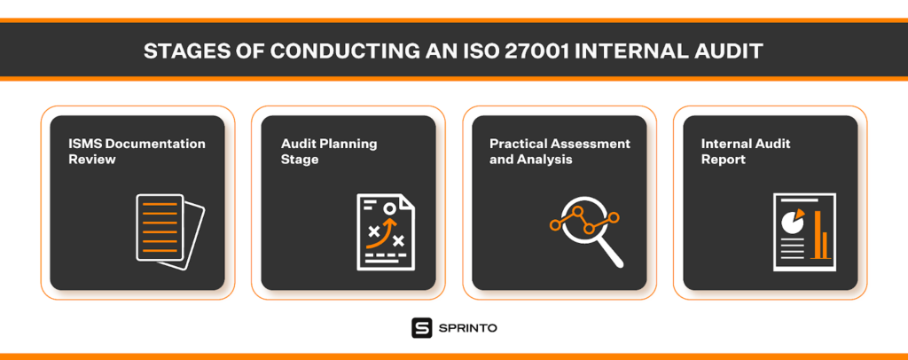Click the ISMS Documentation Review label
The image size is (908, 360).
click(x=137, y=151)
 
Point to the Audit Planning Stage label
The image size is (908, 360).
click(x=329, y=151)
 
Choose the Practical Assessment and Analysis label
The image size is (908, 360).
click(x=560, y=151)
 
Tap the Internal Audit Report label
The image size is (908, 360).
click(x=746, y=151)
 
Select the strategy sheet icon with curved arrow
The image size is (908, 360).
click(x=386, y=231)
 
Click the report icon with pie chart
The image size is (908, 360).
click(x=805, y=231)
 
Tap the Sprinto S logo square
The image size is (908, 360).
click(x=421, y=328)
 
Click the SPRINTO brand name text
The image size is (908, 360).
click(x=468, y=328)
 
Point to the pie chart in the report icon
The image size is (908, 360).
click(x=792, y=219)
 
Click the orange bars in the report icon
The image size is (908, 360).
click(x=821, y=234)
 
